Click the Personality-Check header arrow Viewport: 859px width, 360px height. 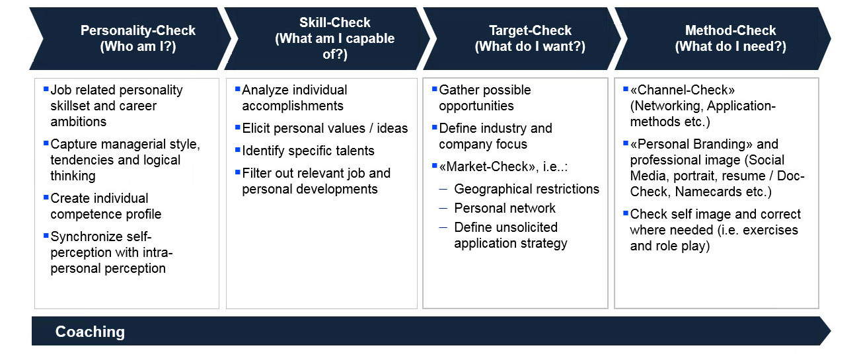130,38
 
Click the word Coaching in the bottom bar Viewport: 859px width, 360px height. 90,332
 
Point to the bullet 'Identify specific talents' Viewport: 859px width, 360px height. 308,151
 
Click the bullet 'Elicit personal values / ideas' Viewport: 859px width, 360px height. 325,128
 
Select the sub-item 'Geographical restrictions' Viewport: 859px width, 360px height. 527,189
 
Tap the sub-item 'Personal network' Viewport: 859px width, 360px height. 505,208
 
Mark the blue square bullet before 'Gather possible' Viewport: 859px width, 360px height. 434,89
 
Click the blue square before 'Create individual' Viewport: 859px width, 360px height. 46,197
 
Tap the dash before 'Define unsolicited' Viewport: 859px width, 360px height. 443,227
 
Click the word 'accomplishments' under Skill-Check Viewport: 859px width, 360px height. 293,106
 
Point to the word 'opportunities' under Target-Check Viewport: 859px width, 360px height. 476,106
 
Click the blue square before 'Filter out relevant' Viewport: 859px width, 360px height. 237,172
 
